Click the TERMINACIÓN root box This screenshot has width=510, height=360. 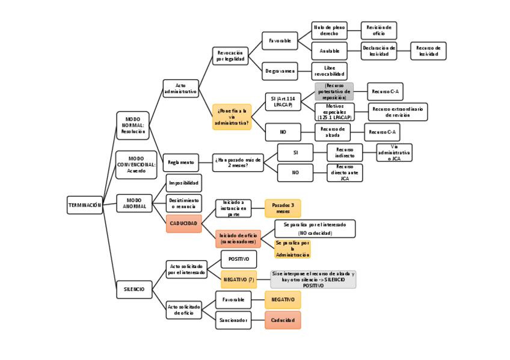84,205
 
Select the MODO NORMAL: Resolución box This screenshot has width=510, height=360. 132,126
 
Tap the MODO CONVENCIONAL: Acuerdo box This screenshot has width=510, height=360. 136,165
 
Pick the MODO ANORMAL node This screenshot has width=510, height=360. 134,204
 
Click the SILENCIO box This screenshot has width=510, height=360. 134,289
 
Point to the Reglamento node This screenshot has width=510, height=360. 180,162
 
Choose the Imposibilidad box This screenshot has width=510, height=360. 183,183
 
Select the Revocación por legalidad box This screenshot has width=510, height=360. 230,56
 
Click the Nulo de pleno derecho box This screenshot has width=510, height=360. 329,30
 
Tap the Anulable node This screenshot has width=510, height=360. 329,51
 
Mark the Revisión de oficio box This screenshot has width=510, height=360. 378,30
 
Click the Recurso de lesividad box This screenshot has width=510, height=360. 428,51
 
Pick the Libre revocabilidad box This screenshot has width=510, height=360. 329,71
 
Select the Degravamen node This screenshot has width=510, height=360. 280,71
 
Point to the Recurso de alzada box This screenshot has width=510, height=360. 332,132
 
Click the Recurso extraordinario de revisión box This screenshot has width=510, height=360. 398,112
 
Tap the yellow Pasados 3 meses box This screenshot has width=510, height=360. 283,208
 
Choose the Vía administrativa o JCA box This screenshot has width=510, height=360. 394,153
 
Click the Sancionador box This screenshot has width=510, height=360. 233,320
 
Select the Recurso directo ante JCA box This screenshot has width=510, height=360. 345,172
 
